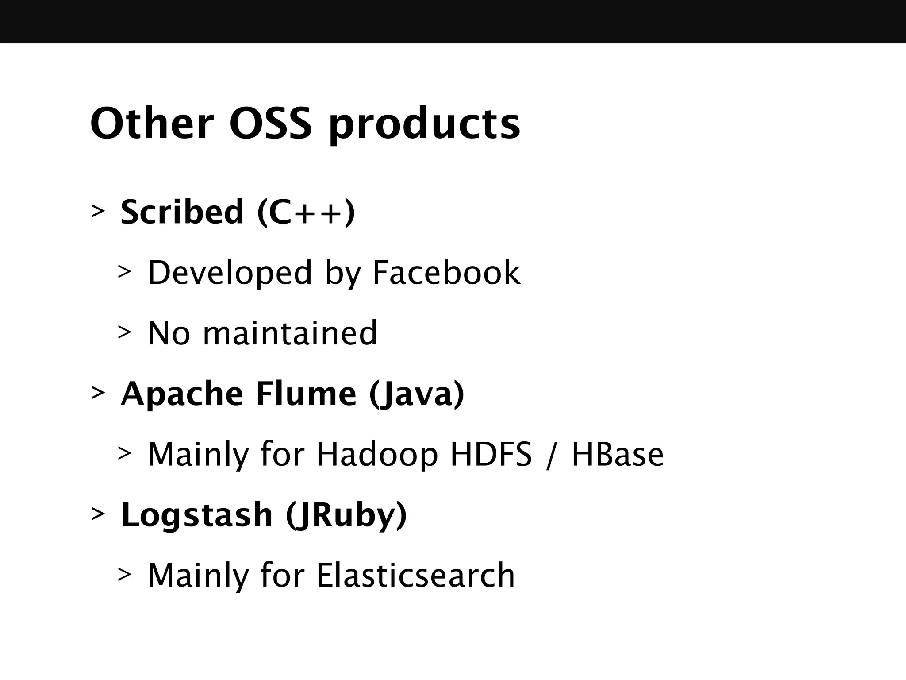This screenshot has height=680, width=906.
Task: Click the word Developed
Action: [230, 274]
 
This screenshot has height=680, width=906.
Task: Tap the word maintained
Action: [290, 333]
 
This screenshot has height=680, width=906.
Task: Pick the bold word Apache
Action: [182, 394]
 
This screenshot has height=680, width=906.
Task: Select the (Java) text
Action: [417, 394]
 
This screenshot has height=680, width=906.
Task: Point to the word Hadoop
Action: [377, 455]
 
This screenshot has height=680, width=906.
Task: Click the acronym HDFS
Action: [491, 454]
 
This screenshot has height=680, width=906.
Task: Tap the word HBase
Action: [618, 455]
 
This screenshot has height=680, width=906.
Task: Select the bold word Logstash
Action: [197, 515]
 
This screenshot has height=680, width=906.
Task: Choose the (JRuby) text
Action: [346, 516]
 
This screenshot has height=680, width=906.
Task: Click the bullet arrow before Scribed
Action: [98, 211]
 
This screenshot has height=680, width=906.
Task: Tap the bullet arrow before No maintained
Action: [125, 332]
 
